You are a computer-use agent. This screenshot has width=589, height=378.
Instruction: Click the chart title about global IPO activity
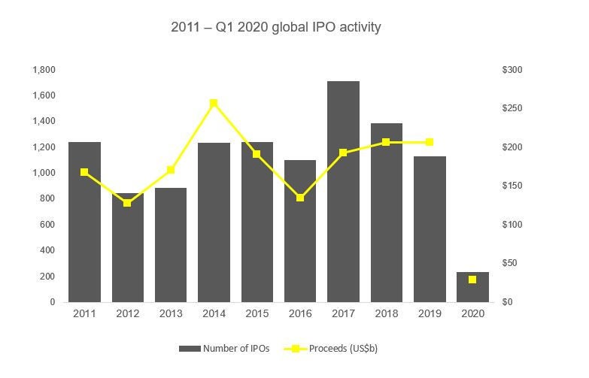click(276, 28)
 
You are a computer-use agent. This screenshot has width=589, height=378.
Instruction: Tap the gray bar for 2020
click(472, 287)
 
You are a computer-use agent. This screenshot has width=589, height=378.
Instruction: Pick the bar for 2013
click(171, 244)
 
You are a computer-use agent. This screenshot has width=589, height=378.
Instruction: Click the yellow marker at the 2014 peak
click(214, 103)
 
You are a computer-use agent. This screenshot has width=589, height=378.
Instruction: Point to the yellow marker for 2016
click(300, 198)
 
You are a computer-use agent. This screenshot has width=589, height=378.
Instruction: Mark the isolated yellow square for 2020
click(472, 280)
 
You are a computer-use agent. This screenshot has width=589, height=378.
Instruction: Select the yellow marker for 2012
click(127, 203)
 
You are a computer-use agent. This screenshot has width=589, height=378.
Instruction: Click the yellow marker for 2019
click(430, 142)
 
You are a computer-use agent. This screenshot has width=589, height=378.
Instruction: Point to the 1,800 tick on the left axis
click(44, 70)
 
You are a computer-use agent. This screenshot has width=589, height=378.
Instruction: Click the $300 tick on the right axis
click(512, 70)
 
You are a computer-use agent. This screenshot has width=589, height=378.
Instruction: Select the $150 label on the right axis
click(512, 186)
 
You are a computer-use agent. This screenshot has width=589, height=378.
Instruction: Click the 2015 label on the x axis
click(257, 314)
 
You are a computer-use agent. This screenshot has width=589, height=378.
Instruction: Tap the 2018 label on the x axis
click(386, 314)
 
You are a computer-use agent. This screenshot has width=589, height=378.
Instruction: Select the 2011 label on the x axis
click(84, 314)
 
